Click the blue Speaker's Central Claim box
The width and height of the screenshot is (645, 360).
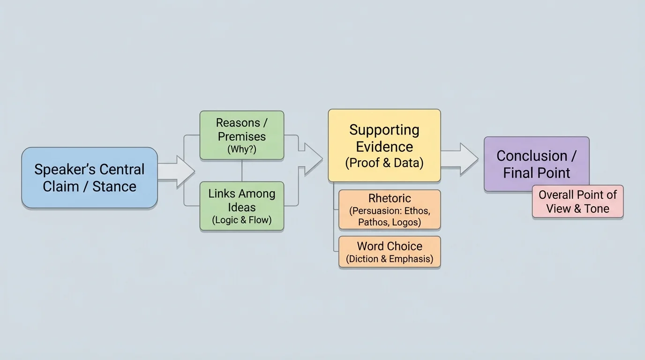89,178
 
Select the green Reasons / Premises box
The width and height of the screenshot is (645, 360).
241,135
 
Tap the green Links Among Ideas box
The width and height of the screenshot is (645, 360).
241,206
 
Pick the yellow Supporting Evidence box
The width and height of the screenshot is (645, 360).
384,145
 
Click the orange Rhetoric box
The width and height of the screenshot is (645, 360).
389,210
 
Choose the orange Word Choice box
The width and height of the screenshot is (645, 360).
389,252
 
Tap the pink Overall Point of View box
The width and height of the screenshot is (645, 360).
577,202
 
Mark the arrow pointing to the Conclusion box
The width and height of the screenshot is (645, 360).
459,159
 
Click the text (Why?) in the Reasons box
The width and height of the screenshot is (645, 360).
241,150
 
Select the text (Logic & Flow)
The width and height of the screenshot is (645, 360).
241,220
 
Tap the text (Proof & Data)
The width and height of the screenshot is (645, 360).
384,163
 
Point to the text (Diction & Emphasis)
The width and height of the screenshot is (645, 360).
389,259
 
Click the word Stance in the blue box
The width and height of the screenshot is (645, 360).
114,187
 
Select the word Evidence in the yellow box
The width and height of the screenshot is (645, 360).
384,147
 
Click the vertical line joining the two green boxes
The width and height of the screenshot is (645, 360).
242,171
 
